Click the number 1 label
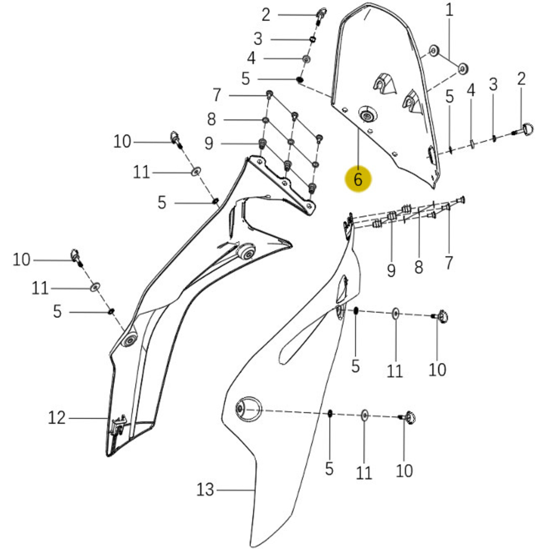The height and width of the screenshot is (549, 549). tap(449, 10)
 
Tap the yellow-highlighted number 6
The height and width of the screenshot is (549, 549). tap(358, 179)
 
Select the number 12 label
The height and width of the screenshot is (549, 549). tap(57, 418)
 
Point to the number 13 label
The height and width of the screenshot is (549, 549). tap(205, 490)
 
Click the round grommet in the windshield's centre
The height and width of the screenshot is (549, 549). tap(368, 116)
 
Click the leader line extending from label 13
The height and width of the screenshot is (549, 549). tap(235, 490)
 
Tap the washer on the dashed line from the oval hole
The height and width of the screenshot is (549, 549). tap(365, 415)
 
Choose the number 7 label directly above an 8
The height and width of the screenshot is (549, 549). tap(217, 95)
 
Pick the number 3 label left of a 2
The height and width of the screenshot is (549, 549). tap(493, 84)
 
